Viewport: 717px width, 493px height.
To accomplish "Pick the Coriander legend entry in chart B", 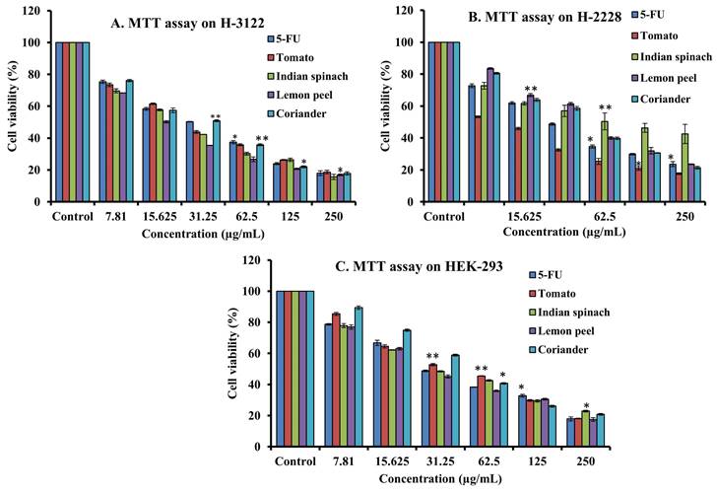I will coord(664,103).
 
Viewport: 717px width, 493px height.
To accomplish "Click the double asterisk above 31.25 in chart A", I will coord(215,115).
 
